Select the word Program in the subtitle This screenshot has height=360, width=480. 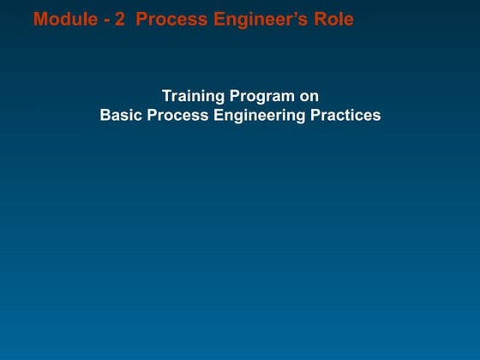tap(260, 96)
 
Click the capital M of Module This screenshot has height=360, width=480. tap(39, 19)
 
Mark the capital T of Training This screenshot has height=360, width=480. tap(166, 96)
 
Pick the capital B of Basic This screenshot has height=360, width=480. tap(105, 115)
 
